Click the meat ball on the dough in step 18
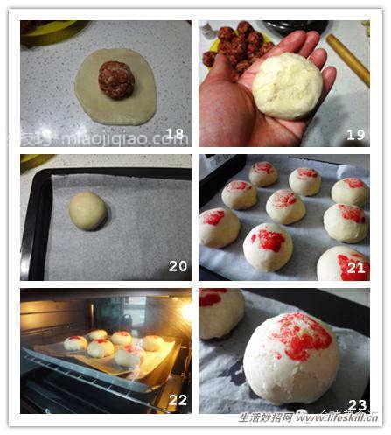[115, 80]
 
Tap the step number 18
[174, 134]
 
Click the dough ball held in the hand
[287, 86]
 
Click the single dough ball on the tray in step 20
[87, 211]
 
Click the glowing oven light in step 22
[185, 310]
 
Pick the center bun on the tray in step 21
[285, 207]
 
